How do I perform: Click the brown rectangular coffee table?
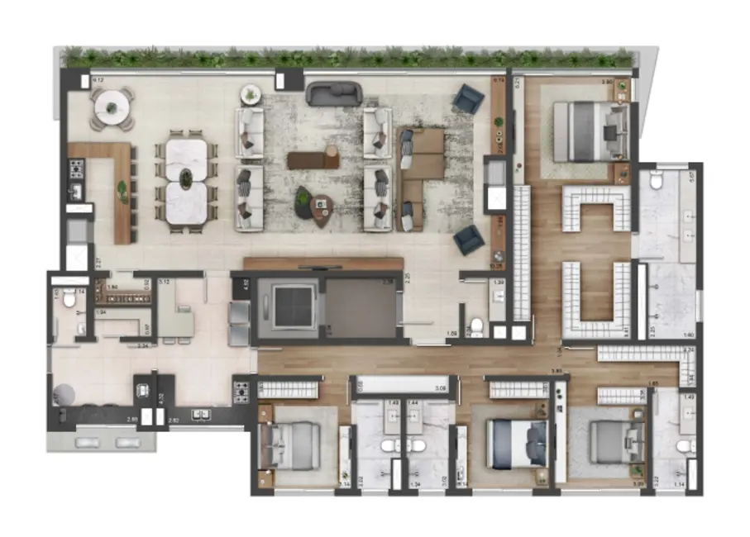pos(313,159)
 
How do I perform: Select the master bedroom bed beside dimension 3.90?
pos(584,131)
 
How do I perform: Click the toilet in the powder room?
pos(475,326)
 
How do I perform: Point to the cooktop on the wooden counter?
pos(74,169)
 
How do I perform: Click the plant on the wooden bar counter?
pos(123,188)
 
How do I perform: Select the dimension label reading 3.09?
pos(440,387)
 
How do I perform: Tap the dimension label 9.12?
pos(98,80)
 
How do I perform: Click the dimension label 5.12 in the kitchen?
pos(164,281)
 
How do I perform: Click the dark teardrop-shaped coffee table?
pos(312,202)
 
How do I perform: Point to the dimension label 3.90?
pos(606,83)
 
